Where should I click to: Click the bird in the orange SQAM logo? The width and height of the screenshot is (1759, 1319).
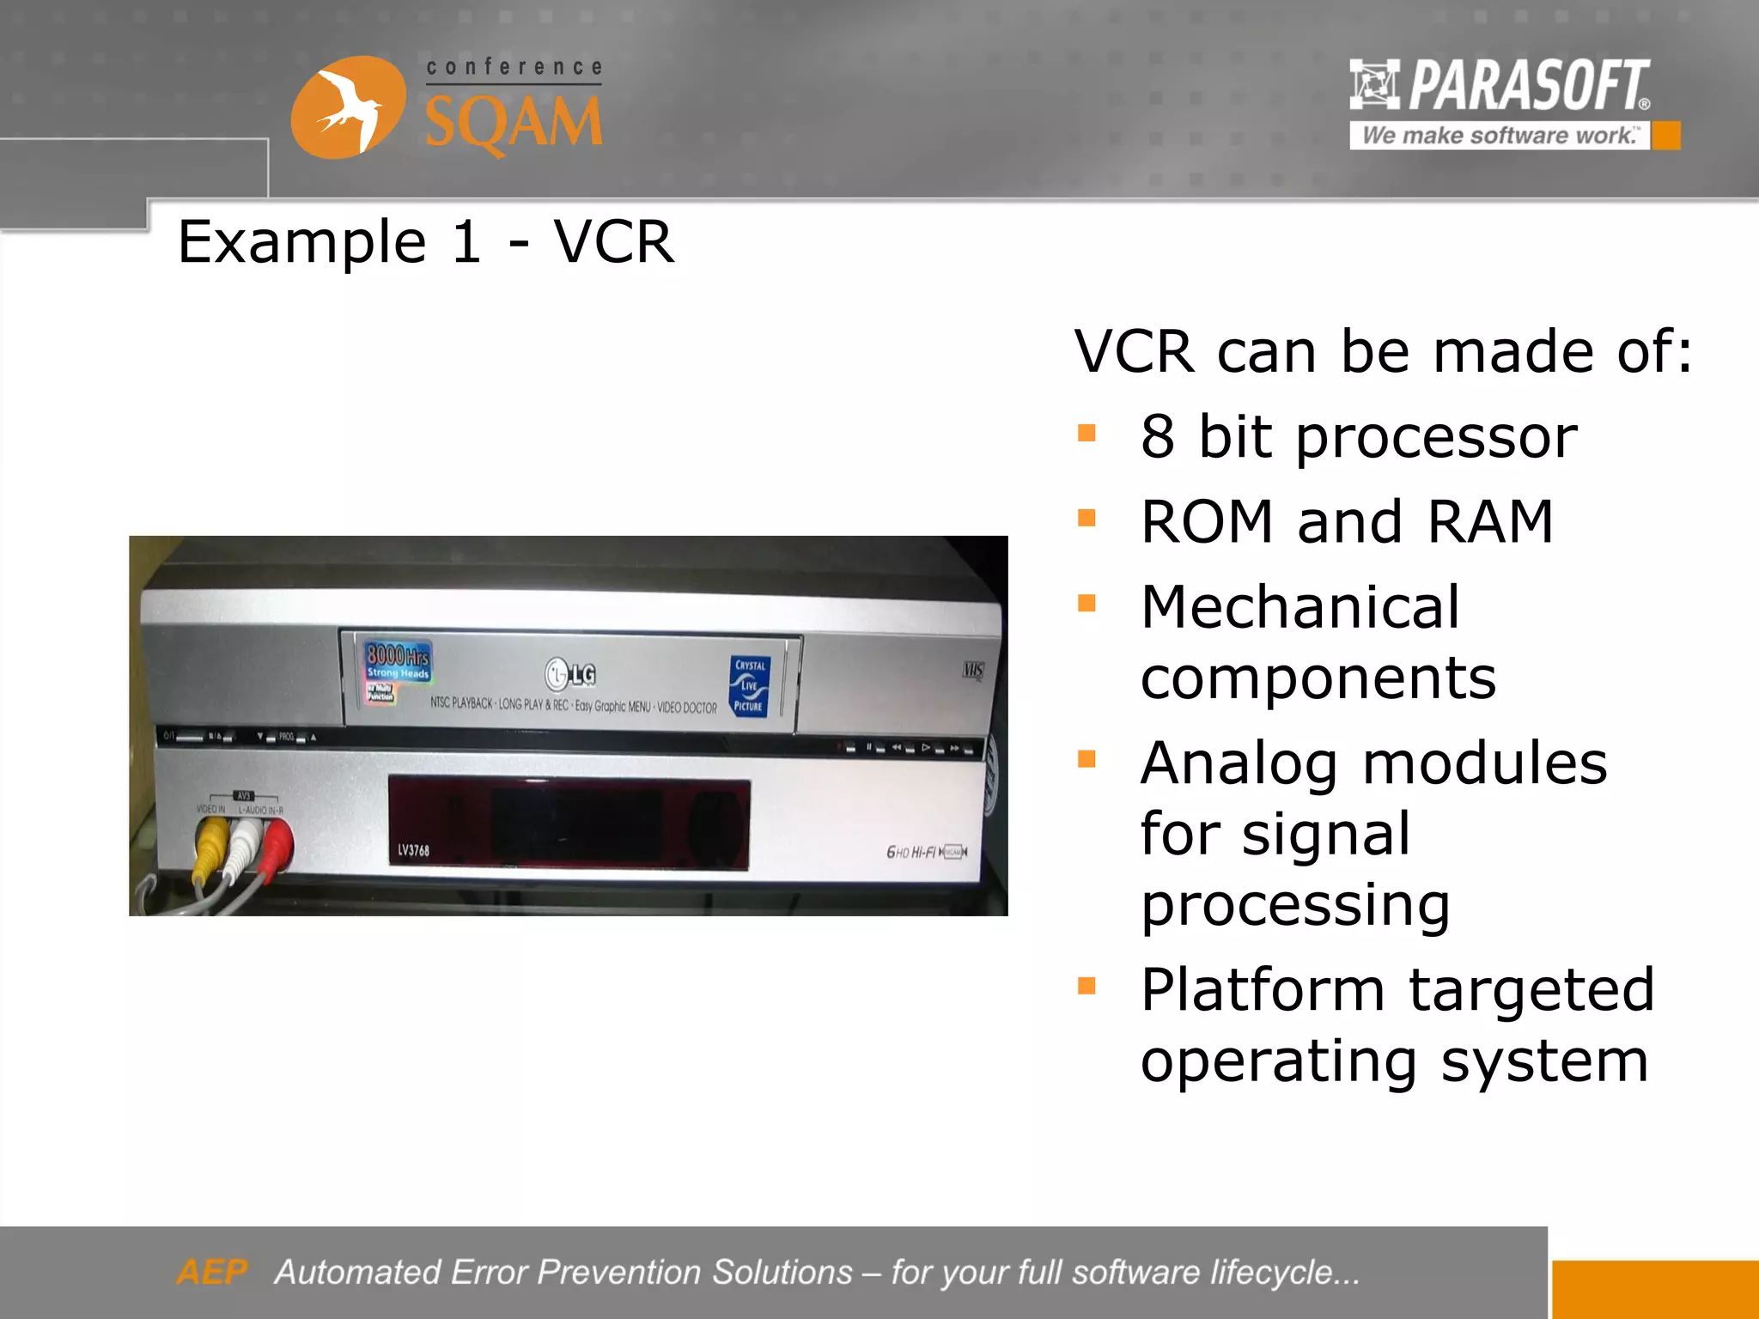[x=348, y=108]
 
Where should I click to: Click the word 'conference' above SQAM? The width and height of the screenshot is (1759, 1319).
[x=514, y=67]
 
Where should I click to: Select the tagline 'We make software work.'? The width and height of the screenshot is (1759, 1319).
[x=1499, y=136]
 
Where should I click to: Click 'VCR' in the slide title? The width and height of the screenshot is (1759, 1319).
[x=613, y=242]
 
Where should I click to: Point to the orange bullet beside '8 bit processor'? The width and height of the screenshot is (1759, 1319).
[x=1086, y=433]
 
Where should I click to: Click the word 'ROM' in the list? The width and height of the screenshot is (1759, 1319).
[x=1207, y=522]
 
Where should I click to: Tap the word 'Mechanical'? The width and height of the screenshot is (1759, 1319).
[x=1299, y=607]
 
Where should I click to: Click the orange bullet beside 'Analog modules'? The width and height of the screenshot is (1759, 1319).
[x=1086, y=759]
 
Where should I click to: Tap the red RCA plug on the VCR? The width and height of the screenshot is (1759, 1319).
[x=277, y=842]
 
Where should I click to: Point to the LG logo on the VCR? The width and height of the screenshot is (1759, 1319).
[x=570, y=674]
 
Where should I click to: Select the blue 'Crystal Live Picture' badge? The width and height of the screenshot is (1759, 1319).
[x=750, y=685]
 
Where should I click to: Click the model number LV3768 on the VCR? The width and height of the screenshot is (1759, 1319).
[x=413, y=850]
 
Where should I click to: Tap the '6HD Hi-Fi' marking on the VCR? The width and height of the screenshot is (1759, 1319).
[x=912, y=852]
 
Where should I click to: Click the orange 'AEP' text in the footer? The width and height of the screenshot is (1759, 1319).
[x=211, y=1272]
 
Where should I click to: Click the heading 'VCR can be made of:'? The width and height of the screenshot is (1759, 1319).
[x=1383, y=351]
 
